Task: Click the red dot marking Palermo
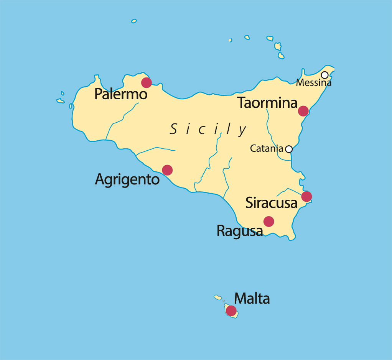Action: [x=146, y=82]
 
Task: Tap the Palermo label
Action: [x=121, y=94]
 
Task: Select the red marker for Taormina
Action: [x=303, y=111]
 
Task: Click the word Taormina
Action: [x=267, y=103]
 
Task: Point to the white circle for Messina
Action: [x=325, y=75]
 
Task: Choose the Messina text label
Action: [x=314, y=83]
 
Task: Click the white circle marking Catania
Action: [x=289, y=149]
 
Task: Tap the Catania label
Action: [x=267, y=149]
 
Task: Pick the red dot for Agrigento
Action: [x=167, y=170]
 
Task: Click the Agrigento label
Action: [x=127, y=179]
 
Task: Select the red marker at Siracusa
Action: [x=306, y=196]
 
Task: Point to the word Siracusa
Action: [x=271, y=203]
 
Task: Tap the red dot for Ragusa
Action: [x=269, y=221]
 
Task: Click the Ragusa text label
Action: [x=240, y=231]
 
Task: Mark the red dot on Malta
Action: [x=231, y=311]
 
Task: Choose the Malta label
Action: [x=252, y=298]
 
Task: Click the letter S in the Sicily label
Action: [x=173, y=130]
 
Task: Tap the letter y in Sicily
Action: [x=243, y=130]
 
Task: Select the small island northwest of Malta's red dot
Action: [x=218, y=297]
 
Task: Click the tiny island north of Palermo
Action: [x=134, y=21]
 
